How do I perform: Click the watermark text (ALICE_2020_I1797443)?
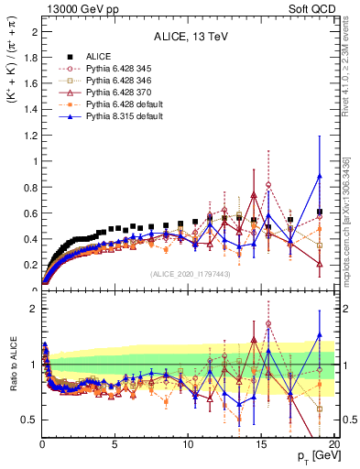point(189,274)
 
